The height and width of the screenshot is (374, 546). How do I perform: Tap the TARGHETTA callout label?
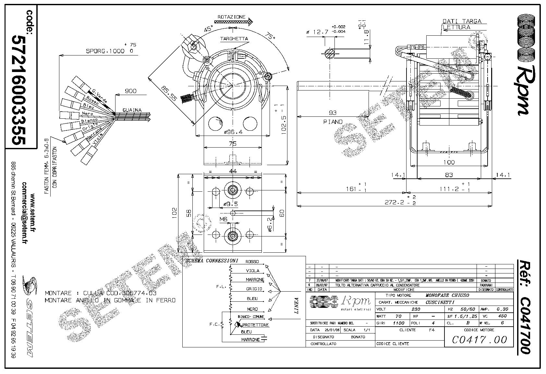point(234,39)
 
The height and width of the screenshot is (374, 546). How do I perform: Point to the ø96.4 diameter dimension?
point(233,132)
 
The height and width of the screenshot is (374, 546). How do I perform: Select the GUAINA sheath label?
point(132,110)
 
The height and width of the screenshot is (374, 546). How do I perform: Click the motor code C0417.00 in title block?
point(479,339)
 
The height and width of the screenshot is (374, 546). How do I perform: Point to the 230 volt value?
point(416,309)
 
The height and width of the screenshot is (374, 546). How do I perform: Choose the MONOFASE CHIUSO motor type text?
point(447,295)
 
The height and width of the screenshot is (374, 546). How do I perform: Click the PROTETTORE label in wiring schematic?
point(256,325)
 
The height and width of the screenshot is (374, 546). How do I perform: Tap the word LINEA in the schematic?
point(296,306)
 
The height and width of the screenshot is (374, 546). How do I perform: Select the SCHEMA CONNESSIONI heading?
point(211,261)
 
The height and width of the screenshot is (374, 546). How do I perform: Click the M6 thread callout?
point(223,220)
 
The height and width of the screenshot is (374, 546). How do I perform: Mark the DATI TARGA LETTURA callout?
point(462,24)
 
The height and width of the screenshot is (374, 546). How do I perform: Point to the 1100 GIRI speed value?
point(398,323)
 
